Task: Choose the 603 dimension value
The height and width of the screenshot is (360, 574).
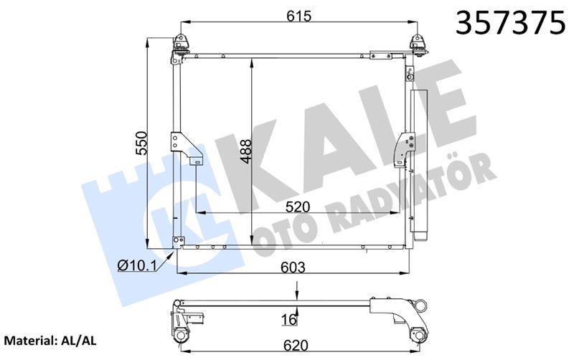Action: click(292, 267)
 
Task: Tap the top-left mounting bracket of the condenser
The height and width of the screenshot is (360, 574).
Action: click(180, 47)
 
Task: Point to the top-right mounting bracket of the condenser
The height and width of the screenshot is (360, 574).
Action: click(415, 47)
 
